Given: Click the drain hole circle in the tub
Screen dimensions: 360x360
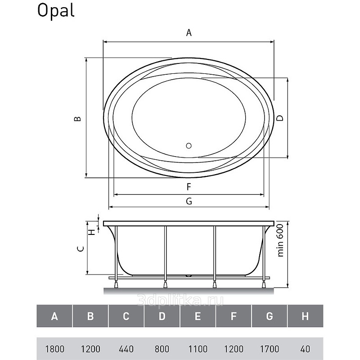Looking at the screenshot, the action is pos(189,145).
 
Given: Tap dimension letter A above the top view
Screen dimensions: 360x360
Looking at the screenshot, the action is pos(189,32).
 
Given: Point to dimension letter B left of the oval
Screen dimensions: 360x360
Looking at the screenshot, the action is pos(78,119).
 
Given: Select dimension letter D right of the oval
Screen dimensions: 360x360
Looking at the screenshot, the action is pos(280,118).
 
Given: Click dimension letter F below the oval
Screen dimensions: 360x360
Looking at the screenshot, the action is pos(189,187).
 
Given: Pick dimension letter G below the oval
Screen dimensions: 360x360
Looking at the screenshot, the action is pos(189,201).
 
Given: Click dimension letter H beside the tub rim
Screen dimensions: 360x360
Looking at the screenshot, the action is pos(92,232).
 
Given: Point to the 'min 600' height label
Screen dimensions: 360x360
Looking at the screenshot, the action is pos(280,240).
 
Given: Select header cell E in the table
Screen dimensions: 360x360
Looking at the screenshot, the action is pos(198,316).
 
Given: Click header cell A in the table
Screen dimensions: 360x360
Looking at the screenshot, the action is pos(54,316).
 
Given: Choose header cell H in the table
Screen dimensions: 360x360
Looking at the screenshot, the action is pos(306,316).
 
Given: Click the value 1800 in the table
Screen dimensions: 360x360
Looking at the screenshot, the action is pos(54,349).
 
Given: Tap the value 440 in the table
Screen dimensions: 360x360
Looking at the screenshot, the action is pos(126,349).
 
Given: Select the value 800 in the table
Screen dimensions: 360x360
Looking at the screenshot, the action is pos(162,349).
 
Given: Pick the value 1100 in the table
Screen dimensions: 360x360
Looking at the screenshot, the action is pos(198,349).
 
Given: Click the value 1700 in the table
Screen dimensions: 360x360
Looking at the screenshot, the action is pos(270,349).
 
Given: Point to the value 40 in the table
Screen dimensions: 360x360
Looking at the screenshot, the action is pos(306,349).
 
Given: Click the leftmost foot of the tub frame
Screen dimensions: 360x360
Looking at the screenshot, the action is pos(116,284).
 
